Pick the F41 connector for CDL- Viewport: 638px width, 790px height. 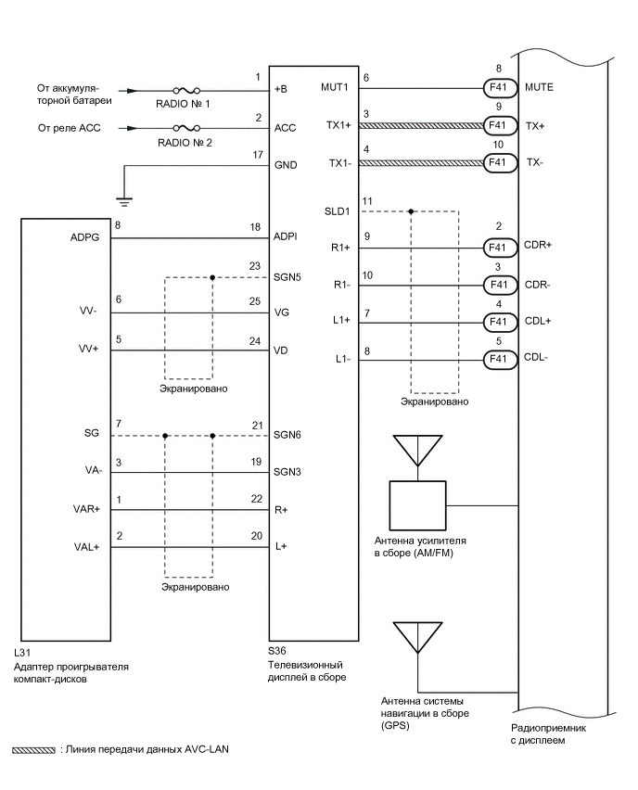[497, 358]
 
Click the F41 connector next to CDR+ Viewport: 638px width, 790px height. [497, 248]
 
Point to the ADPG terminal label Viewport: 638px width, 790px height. [85, 237]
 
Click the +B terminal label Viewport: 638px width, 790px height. [283, 91]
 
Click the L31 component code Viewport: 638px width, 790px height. [27, 654]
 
